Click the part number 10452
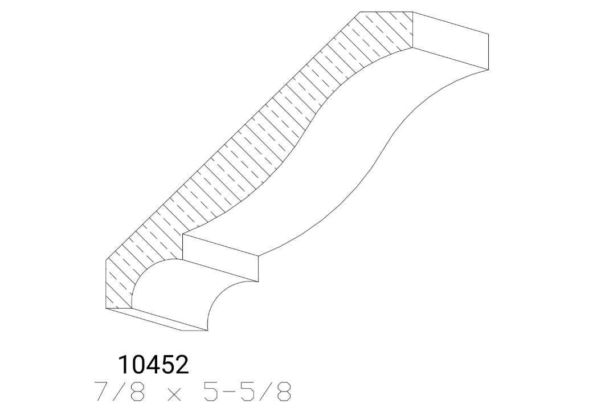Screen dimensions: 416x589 pos(153,365)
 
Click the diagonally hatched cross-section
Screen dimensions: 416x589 pos(228,154)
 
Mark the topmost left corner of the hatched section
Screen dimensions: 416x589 pos(361,11)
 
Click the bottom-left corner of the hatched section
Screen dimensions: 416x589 pos(107,308)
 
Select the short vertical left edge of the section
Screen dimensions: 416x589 pos(107,285)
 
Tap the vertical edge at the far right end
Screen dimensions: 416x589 pos(488,51)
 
